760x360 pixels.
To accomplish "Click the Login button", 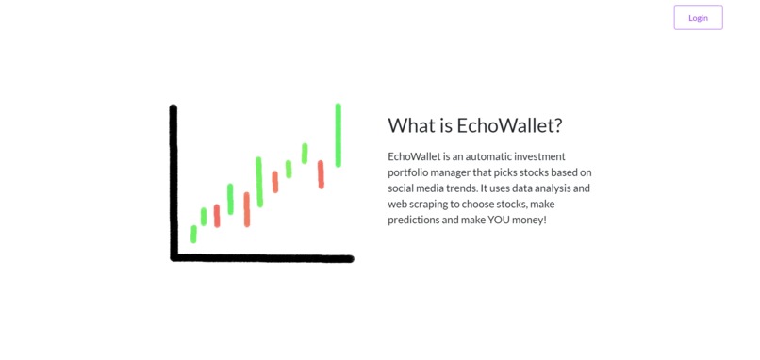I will coord(698,17).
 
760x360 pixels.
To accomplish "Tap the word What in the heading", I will coord(410,126).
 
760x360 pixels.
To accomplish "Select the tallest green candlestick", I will coord(338,135).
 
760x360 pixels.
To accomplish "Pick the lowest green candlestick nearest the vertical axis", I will coord(193,234).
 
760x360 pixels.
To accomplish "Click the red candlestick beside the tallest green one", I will coord(321,174).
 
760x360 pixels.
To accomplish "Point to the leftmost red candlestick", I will coord(217,216).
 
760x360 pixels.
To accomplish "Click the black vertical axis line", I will coord(173,179).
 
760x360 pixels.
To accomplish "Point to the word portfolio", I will coord(410,172).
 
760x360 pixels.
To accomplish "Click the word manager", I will coord(461,172).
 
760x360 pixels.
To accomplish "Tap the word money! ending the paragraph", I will coord(532,220).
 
